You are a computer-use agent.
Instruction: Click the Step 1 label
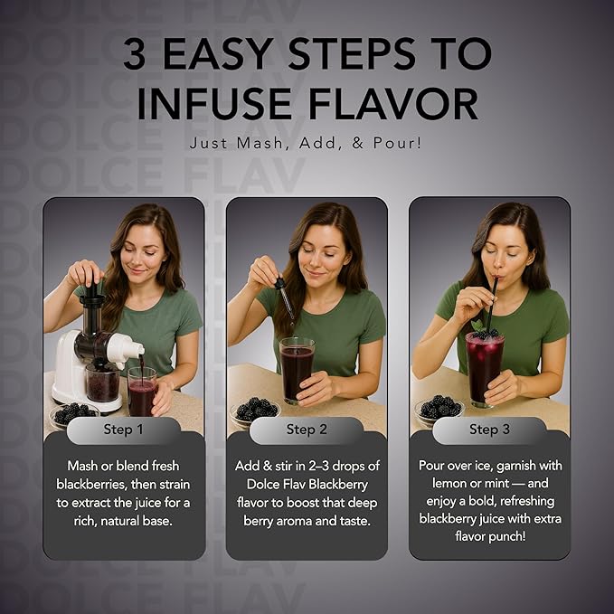click(x=123, y=430)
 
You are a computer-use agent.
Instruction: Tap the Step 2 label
click(x=307, y=430)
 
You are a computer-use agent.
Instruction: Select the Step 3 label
click(x=489, y=430)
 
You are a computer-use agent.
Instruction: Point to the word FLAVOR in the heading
click(x=394, y=104)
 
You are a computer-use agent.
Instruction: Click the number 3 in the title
click(x=135, y=53)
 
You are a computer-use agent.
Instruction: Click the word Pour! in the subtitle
click(x=398, y=143)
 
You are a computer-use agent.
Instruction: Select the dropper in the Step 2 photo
click(x=285, y=299)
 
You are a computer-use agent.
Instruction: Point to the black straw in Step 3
click(x=491, y=304)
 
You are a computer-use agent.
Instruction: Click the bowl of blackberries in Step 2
click(x=255, y=411)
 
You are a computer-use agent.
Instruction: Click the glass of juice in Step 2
click(x=297, y=371)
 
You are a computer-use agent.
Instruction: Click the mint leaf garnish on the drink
click(x=477, y=325)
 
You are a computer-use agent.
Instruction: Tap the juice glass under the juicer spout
click(x=143, y=392)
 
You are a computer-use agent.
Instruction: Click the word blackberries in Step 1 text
click(x=91, y=485)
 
